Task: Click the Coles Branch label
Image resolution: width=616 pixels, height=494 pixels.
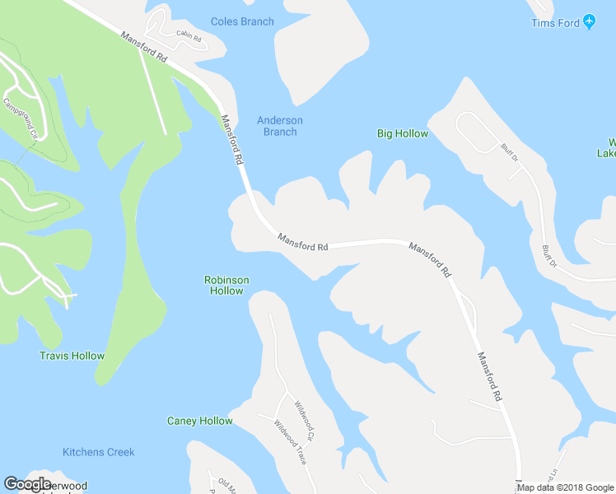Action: [242, 21]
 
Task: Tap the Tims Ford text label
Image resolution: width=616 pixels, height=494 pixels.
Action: [556, 22]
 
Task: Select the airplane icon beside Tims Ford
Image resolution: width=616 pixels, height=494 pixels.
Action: [589, 22]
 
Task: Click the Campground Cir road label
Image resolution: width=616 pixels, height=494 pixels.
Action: [21, 119]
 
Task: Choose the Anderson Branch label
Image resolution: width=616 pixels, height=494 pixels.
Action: [280, 126]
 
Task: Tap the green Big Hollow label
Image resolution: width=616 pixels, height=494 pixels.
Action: [403, 133]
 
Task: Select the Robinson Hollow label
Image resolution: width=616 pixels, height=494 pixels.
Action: [226, 286]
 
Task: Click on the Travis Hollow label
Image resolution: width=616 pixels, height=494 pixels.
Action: [72, 356]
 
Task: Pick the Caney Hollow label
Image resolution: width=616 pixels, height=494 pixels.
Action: [200, 421]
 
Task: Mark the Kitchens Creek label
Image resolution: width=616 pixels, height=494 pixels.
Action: [99, 452]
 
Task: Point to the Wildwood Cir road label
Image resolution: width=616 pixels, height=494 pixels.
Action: [305, 417]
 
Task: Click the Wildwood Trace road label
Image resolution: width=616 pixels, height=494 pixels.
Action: [290, 442]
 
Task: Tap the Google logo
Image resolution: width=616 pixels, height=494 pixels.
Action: [27, 484]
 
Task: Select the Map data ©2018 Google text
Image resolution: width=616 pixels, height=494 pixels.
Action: [565, 487]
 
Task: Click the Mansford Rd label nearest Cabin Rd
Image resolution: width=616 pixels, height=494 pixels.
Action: [143, 49]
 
